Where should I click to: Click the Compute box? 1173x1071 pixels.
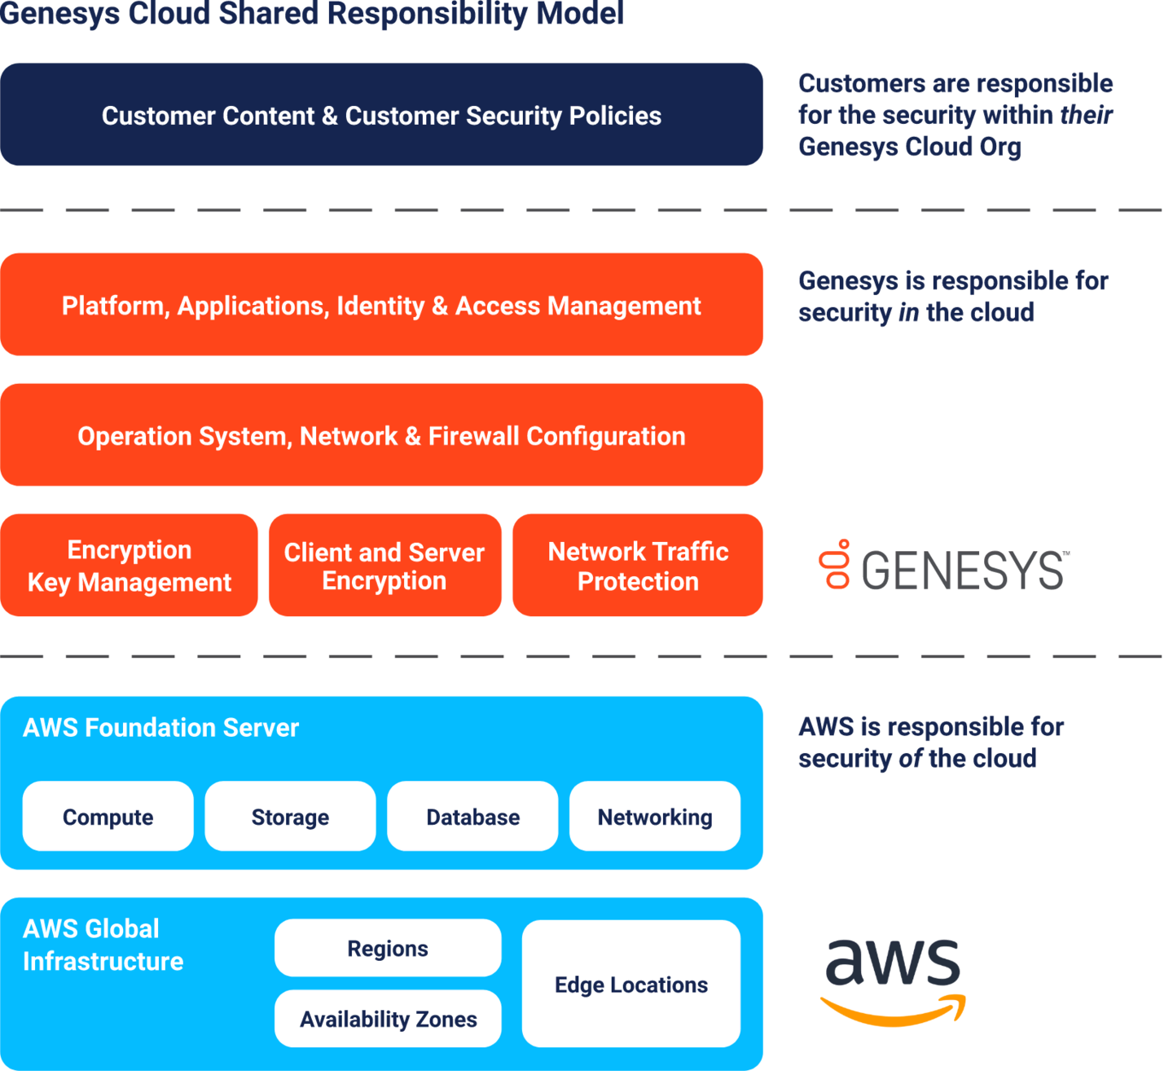click(x=108, y=817)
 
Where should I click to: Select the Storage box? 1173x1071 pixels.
click(x=290, y=817)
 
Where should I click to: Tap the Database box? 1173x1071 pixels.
click(x=472, y=817)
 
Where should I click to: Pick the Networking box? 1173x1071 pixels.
click(x=655, y=817)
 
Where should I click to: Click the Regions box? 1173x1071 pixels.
click(x=388, y=948)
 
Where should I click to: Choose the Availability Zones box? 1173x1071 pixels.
click(x=388, y=1019)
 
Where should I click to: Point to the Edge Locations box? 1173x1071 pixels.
click(x=631, y=985)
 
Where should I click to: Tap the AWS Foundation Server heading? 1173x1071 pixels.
click(x=160, y=727)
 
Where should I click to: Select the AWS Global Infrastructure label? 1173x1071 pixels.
click(x=103, y=945)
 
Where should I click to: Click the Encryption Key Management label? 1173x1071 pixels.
click(x=130, y=566)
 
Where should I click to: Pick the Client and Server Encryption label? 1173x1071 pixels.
click(x=384, y=566)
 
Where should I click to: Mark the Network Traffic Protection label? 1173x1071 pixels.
click(x=638, y=566)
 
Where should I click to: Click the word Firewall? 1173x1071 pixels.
click(x=473, y=436)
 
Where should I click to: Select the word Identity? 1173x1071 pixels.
click(x=380, y=306)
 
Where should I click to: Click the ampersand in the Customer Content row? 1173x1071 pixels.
click(x=329, y=116)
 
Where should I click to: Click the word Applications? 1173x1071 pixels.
click(x=253, y=306)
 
